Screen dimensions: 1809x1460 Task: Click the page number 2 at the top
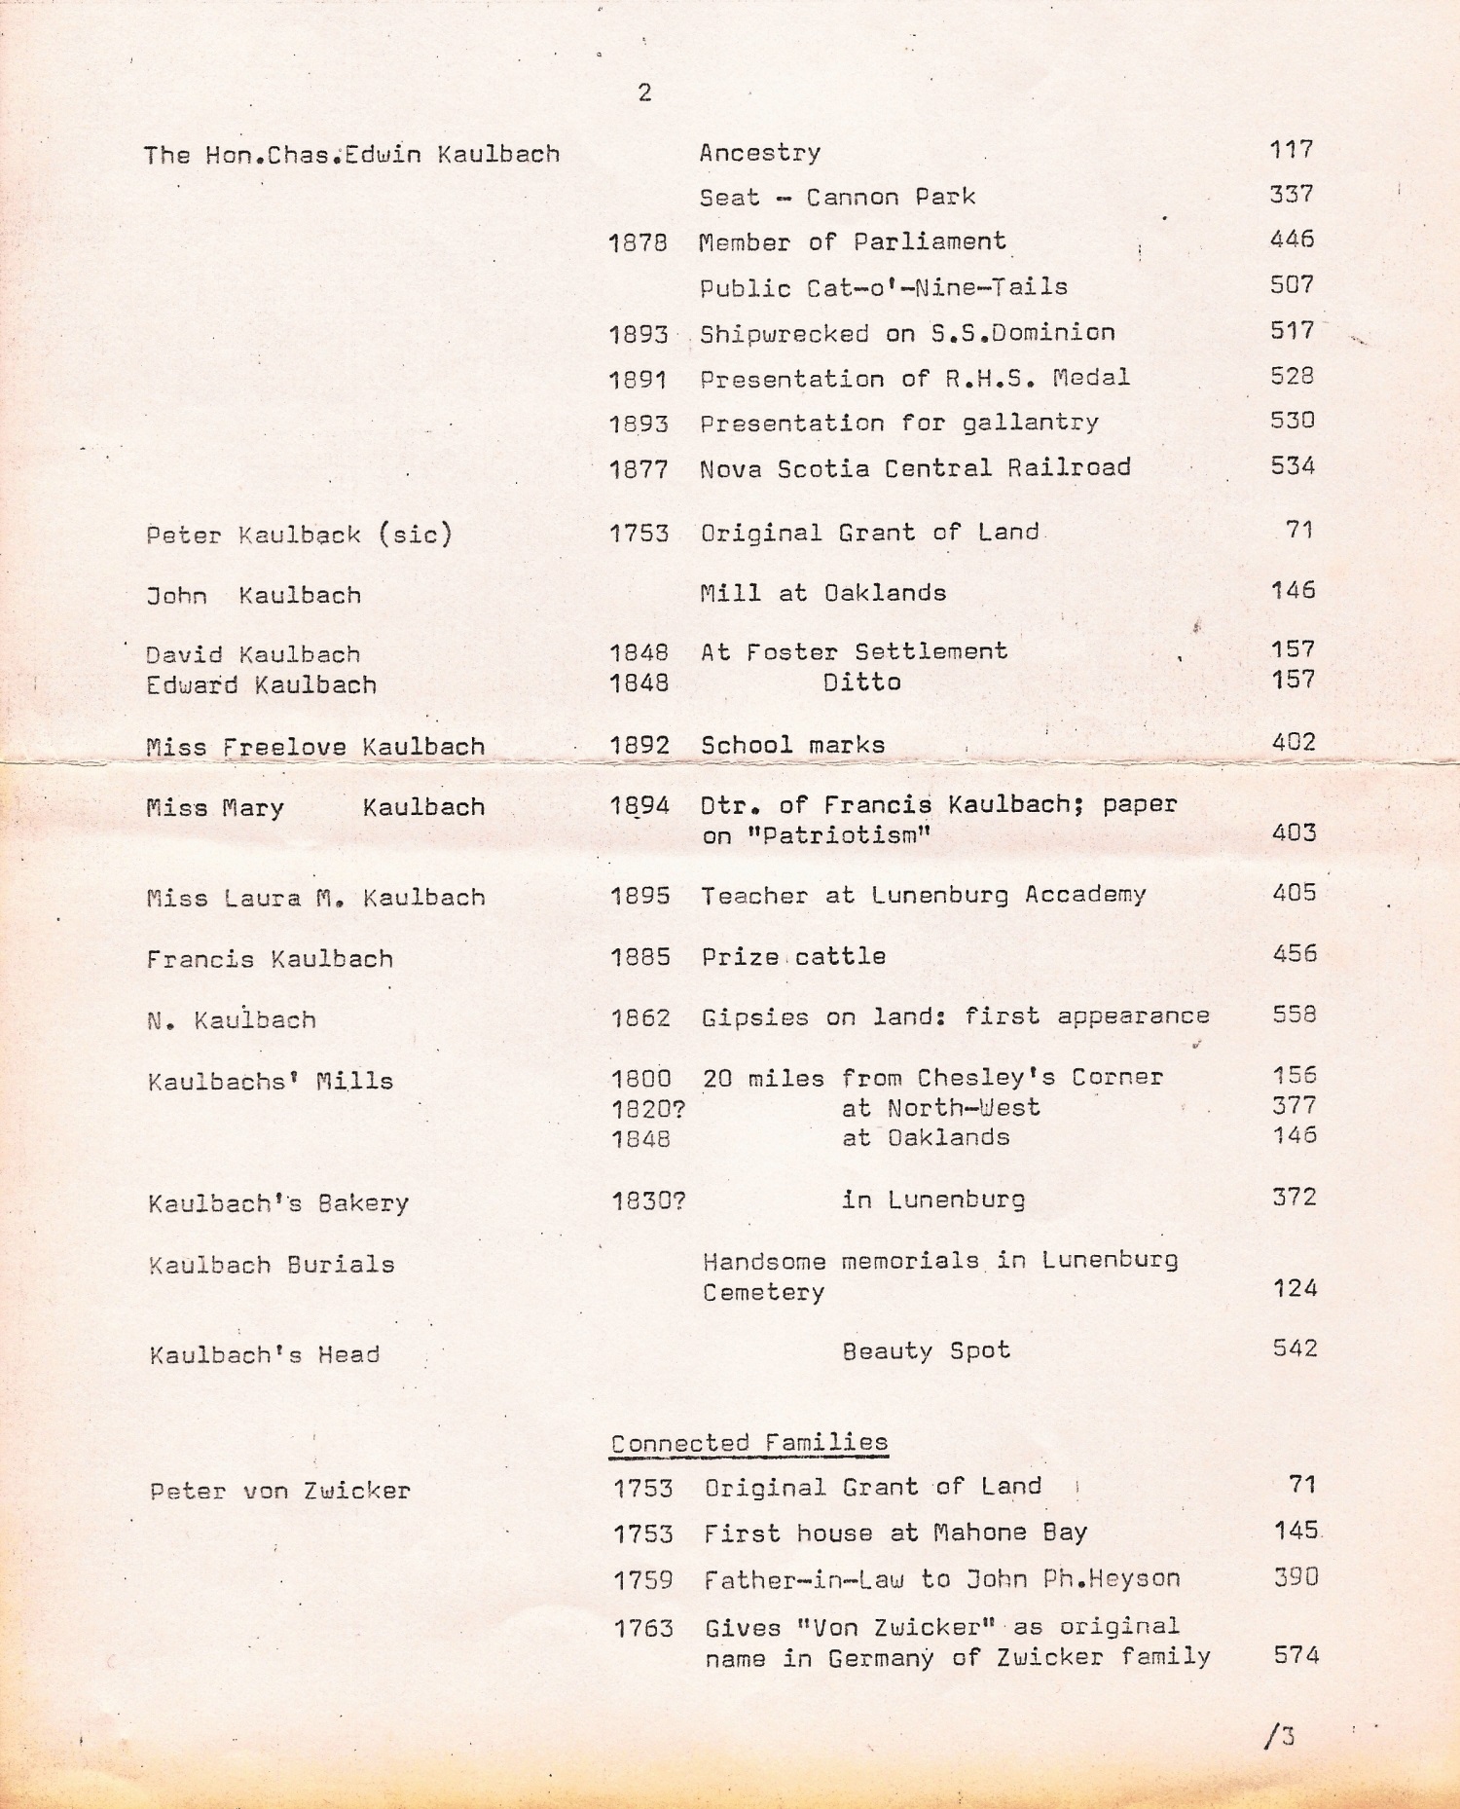click(644, 93)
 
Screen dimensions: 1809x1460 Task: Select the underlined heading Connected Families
click(748, 1443)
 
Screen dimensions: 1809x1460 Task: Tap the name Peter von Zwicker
click(279, 1491)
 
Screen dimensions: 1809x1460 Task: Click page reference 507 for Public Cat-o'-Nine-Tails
click(1292, 284)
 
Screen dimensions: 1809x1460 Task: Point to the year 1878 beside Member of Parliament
click(638, 242)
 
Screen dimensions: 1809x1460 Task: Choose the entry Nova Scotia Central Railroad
click(915, 468)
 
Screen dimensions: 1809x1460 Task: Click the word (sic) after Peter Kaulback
click(416, 535)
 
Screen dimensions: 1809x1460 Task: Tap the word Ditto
click(861, 682)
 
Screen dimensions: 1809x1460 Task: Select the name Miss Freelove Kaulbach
click(315, 747)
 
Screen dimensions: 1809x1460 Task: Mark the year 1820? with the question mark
click(648, 1108)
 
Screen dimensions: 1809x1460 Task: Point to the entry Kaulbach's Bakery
click(278, 1203)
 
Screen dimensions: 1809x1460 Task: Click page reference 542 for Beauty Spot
click(1295, 1348)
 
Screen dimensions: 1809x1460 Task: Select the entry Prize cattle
click(793, 956)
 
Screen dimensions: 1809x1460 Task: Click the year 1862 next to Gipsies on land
click(640, 1018)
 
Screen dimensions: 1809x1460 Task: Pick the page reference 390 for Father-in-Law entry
click(1296, 1577)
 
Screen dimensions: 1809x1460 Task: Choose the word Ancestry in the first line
click(759, 153)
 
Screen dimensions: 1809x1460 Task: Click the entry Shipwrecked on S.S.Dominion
click(907, 333)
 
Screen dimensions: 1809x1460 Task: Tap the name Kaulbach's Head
click(264, 1354)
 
